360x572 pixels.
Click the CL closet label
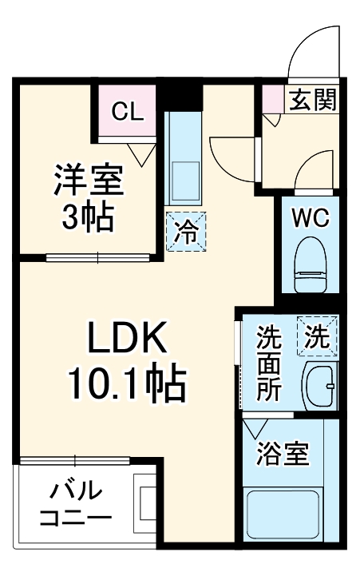pos(127,111)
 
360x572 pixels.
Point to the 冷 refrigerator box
pos(186,232)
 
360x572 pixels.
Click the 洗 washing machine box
pos(317,336)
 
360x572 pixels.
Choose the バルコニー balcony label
pos(75,502)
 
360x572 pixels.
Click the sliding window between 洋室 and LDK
pos(97,257)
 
